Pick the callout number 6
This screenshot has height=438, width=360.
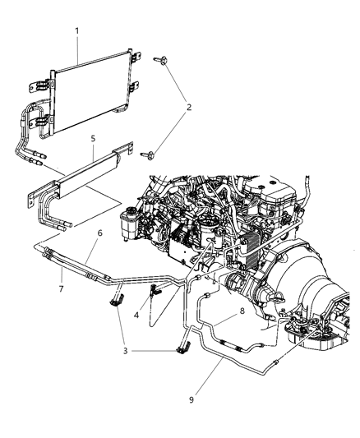click(x=99, y=233)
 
